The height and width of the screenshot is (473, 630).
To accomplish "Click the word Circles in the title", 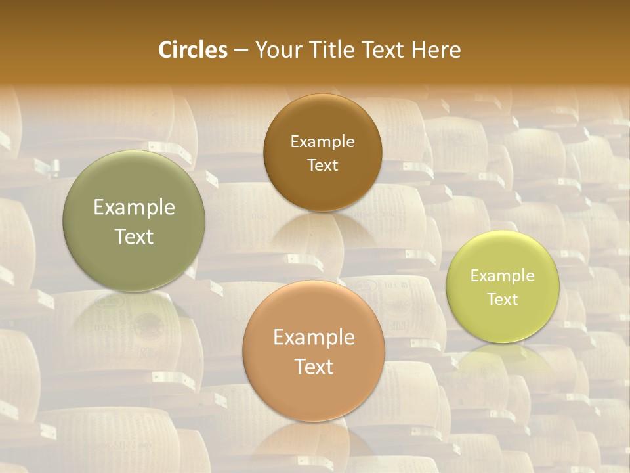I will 193,50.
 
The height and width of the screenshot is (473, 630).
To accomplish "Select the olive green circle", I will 134,191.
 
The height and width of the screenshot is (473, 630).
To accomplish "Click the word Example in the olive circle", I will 134,208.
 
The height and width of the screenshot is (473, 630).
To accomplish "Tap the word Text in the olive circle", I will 134,236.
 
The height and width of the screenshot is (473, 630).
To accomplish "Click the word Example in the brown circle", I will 322,142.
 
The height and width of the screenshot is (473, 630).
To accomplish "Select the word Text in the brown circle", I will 322,165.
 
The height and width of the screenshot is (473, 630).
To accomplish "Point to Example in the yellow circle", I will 503,276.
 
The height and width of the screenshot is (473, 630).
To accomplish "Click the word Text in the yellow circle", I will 503,299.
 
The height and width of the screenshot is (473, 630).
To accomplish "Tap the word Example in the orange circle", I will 314,338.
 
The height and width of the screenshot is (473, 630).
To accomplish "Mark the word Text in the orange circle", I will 314,367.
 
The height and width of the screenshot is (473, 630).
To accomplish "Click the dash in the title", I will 240,50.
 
